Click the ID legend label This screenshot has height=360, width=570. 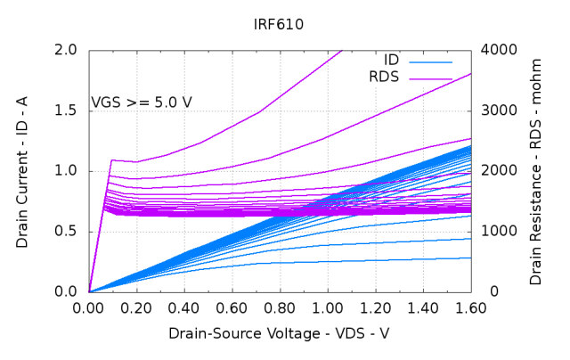tap(391, 61)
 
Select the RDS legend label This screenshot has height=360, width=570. tap(385, 78)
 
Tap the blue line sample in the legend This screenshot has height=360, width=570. tap(431, 61)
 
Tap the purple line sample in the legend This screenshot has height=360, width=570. tap(431, 78)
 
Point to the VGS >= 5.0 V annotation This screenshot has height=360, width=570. tap(142, 102)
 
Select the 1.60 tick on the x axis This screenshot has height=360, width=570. tap(470, 308)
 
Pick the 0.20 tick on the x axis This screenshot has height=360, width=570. tap(137, 308)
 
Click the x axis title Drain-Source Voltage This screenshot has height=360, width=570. tap(279, 333)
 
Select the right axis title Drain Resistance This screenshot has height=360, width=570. tap(535, 169)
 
